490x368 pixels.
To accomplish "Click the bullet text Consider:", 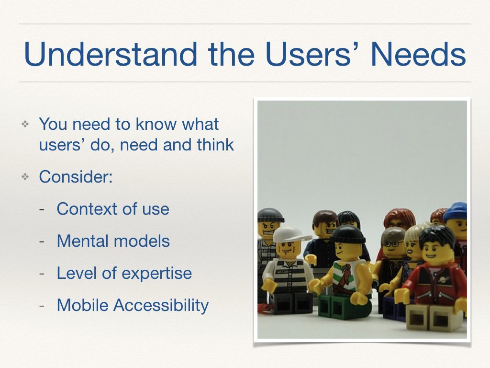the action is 76,176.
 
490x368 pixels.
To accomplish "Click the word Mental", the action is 82,241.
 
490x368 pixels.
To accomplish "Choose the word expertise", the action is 156,274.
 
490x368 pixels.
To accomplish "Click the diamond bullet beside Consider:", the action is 25,177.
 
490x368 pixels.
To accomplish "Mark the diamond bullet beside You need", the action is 25,125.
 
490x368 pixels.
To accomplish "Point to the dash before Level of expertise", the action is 42,274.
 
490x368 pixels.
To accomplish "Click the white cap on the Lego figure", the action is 290,234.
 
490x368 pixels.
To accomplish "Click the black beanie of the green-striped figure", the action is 348,234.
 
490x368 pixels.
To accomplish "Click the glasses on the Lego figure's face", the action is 392,243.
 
